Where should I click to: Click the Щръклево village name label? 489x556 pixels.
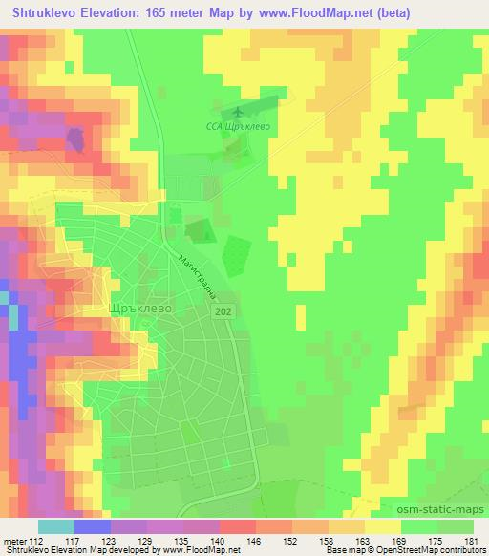(142, 310)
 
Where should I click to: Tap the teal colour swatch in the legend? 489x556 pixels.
(56, 526)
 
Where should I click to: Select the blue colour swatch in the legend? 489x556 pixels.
(93, 526)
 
